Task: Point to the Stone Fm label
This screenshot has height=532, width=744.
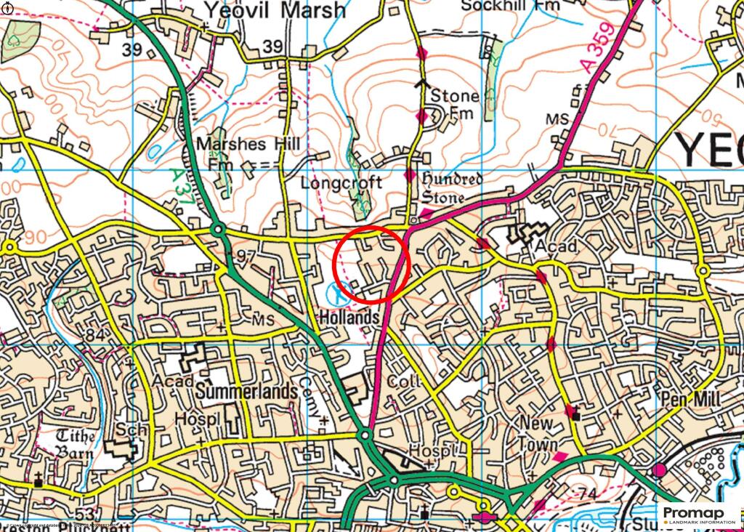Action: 455,104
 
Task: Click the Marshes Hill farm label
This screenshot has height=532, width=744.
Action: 247,153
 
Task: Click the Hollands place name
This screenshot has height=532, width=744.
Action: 349,318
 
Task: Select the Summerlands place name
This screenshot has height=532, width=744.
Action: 247,392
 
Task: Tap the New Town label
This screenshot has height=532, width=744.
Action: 538,433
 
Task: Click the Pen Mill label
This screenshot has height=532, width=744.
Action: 691,400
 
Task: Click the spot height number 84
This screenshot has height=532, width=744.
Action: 94,335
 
